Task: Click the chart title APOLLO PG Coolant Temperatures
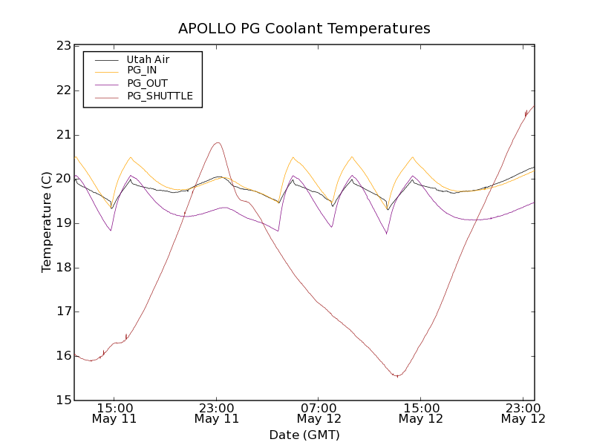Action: pos(304,29)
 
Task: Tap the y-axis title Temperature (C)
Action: pos(47,222)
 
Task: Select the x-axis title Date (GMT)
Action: pos(304,435)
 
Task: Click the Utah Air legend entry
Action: pos(148,59)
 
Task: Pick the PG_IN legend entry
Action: pos(142,70)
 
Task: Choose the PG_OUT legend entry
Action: pos(147,83)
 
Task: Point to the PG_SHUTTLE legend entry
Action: pos(160,96)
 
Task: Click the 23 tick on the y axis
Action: pos(62,46)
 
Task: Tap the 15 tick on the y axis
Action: pos(62,400)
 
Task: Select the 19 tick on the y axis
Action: pos(62,223)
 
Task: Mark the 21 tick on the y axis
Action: pos(62,135)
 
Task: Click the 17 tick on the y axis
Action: pos(62,312)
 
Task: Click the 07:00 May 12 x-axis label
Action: pos(319,413)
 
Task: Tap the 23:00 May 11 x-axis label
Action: pos(216,413)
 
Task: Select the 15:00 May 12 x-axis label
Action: pos(421,413)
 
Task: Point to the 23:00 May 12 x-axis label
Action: pos(523,413)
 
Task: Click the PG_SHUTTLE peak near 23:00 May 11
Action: pos(218,142)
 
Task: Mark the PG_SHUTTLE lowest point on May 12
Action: pos(397,376)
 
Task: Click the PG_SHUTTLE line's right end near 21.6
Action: pos(534,106)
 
